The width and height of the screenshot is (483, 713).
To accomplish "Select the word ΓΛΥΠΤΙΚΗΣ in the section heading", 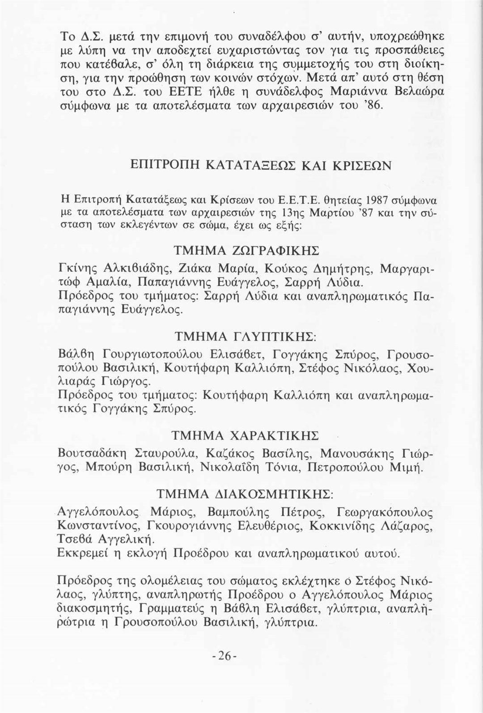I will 284,335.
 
